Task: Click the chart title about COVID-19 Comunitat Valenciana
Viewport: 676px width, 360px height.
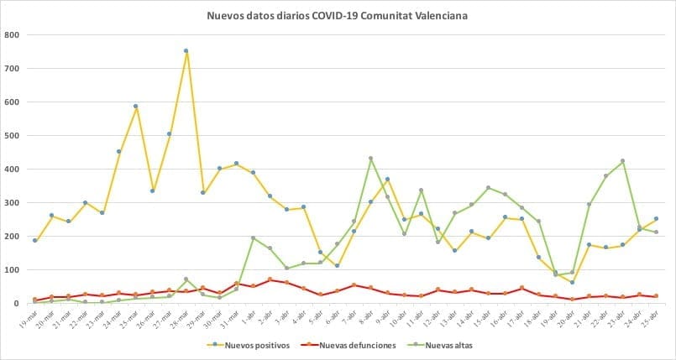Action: point(338,14)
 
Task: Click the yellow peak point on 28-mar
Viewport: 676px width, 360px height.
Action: point(186,51)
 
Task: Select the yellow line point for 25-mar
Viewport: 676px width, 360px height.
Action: point(135,107)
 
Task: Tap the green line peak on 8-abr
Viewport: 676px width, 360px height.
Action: point(370,159)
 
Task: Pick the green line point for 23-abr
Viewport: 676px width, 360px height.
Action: point(622,161)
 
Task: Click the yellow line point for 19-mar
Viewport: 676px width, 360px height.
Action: point(34,241)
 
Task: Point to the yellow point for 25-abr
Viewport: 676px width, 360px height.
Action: point(656,219)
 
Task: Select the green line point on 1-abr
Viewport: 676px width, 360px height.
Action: point(253,238)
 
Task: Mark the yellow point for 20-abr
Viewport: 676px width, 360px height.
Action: point(572,282)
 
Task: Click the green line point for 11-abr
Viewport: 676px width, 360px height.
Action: point(421,190)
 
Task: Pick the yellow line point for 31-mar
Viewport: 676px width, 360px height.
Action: point(236,164)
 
